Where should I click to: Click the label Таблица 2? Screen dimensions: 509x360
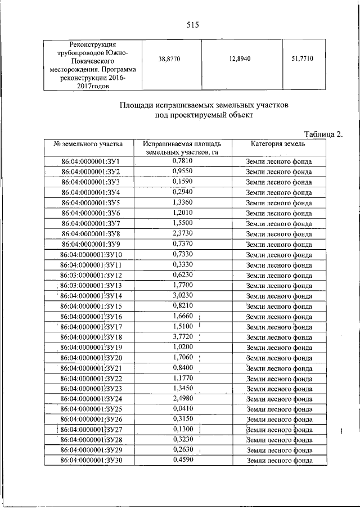click(323, 134)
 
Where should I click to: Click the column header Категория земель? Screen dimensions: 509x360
click(278, 145)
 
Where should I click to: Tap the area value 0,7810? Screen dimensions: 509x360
click(182, 161)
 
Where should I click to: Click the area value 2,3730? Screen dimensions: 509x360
click(182, 233)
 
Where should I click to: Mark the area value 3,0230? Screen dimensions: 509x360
click(182, 295)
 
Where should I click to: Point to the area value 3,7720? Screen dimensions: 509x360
click(182, 337)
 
